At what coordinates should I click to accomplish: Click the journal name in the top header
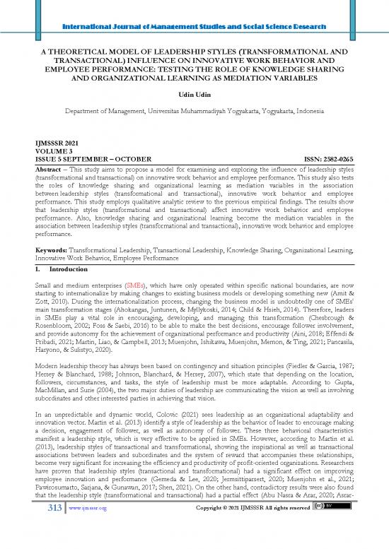pos(194,8)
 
